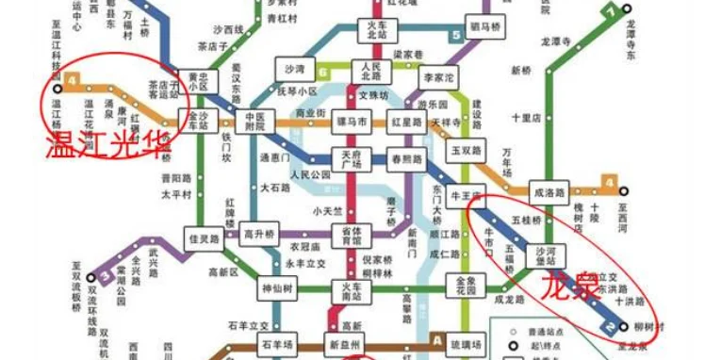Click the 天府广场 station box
(351, 160)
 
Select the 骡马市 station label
(351, 121)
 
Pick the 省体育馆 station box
(351, 234)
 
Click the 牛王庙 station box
(467, 197)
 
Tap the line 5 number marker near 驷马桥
(456, 36)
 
